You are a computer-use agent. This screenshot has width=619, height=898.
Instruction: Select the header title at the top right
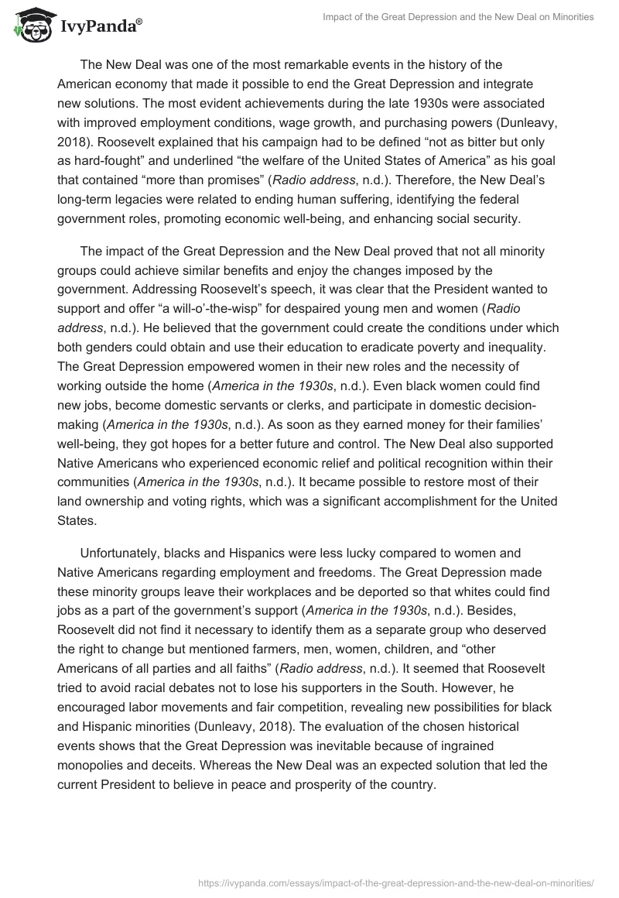pyautogui.click(x=458, y=17)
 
